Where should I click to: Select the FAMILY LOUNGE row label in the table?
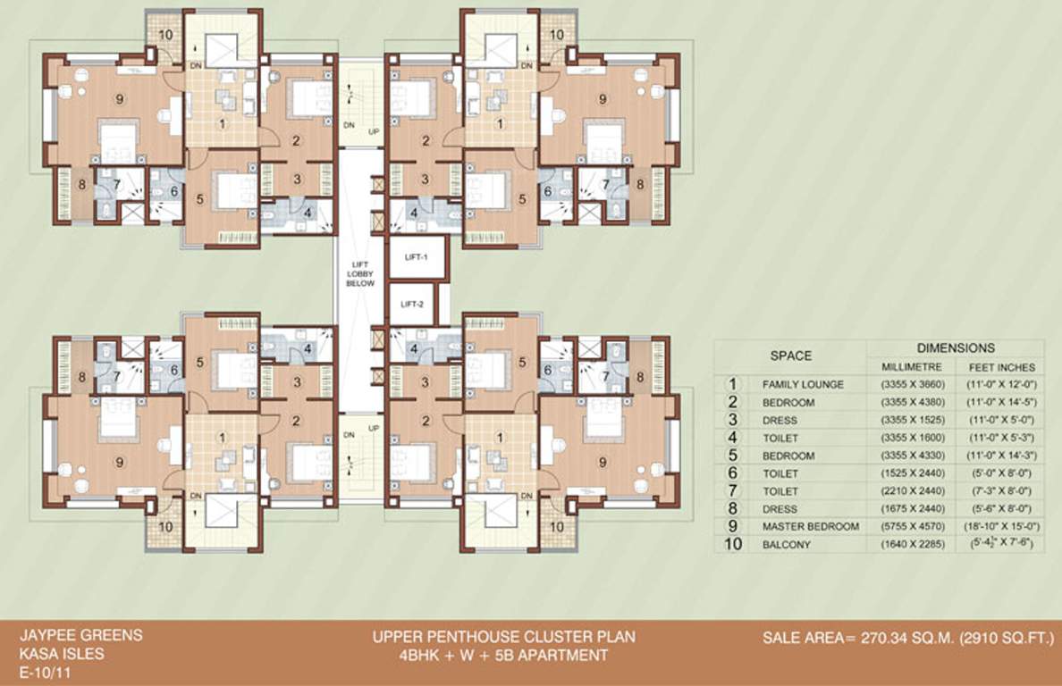coord(802,385)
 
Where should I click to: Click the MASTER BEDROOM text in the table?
coord(811,527)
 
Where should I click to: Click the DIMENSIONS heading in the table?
coord(955,348)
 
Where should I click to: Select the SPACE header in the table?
coord(791,356)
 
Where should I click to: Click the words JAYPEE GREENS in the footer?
coord(80,636)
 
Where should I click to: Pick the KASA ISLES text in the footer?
coord(62,653)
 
